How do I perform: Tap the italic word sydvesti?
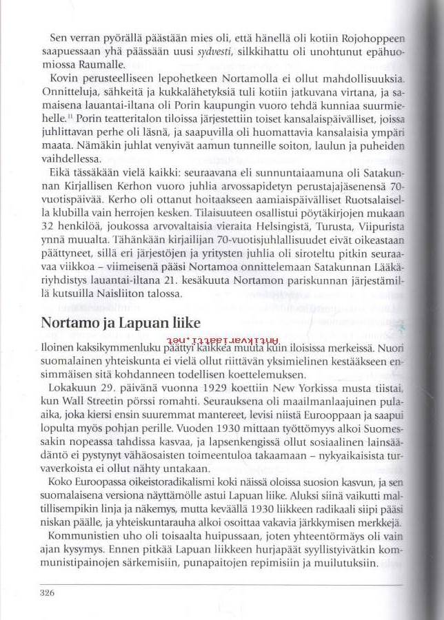pyautogui.click(x=215, y=52)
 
